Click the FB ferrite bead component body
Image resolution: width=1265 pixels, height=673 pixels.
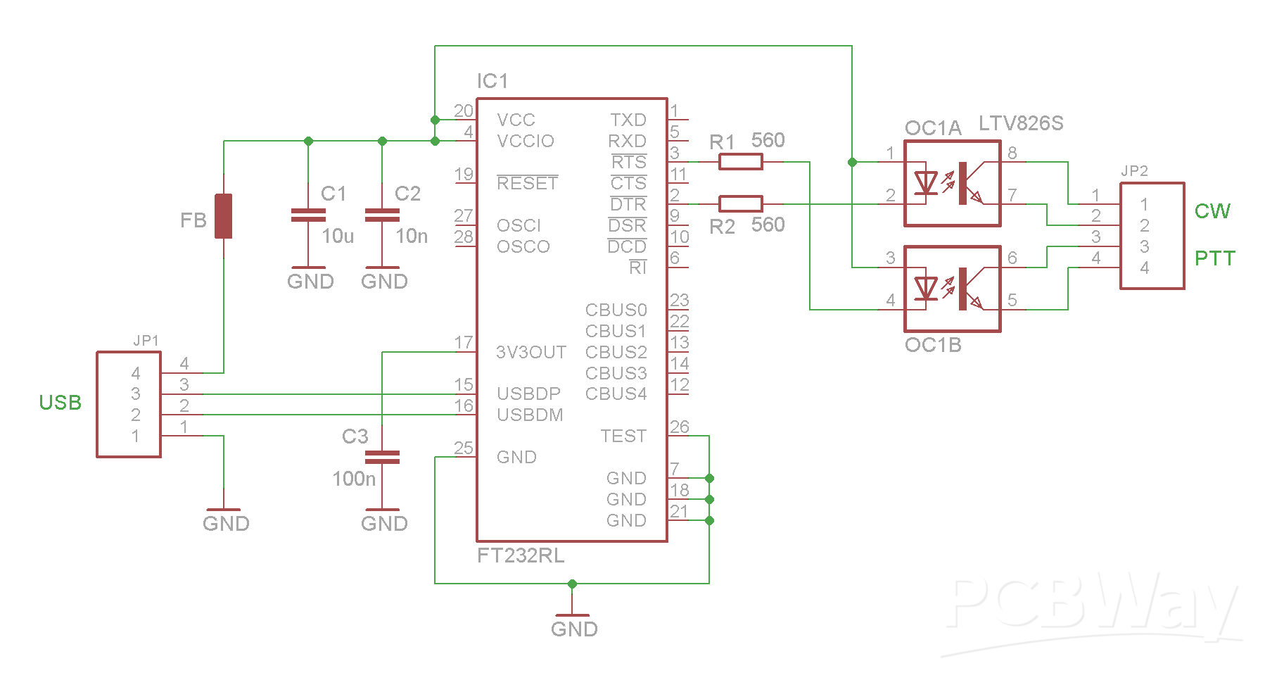pyautogui.click(x=223, y=216)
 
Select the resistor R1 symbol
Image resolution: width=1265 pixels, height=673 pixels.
pyautogui.click(x=740, y=162)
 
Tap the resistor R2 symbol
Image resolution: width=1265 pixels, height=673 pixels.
pyautogui.click(x=740, y=204)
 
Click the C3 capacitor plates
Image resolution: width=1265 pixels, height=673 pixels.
pyautogui.click(x=382, y=458)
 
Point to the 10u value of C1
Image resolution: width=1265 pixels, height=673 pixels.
pyautogui.click(x=338, y=236)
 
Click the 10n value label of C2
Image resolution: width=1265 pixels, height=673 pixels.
pyautogui.click(x=412, y=236)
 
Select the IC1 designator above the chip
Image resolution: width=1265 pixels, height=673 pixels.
pyautogui.click(x=492, y=81)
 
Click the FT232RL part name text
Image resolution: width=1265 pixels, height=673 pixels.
pyautogui.click(x=521, y=555)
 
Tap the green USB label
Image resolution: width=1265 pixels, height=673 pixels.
pyautogui.click(x=61, y=403)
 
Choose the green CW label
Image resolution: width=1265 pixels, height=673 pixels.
pyautogui.click(x=1212, y=211)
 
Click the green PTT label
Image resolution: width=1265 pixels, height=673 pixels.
pyautogui.click(x=1215, y=258)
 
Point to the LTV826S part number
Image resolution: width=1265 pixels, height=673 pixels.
pyautogui.click(x=1021, y=124)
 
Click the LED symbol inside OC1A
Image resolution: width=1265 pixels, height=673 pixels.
pyautogui.click(x=925, y=183)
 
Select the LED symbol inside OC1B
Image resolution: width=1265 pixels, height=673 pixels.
pyautogui.click(x=925, y=289)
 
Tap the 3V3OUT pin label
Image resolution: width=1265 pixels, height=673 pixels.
pyautogui.click(x=531, y=352)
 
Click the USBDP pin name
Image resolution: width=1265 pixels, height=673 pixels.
pyautogui.click(x=529, y=394)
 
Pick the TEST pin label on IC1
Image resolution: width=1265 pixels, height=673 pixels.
pyautogui.click(x=623, y=436)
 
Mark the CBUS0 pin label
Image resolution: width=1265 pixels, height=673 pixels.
pyautogui.click(x=616, y=310)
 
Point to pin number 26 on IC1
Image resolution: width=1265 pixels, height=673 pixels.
pyautogui.click(x=680, y=427)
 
